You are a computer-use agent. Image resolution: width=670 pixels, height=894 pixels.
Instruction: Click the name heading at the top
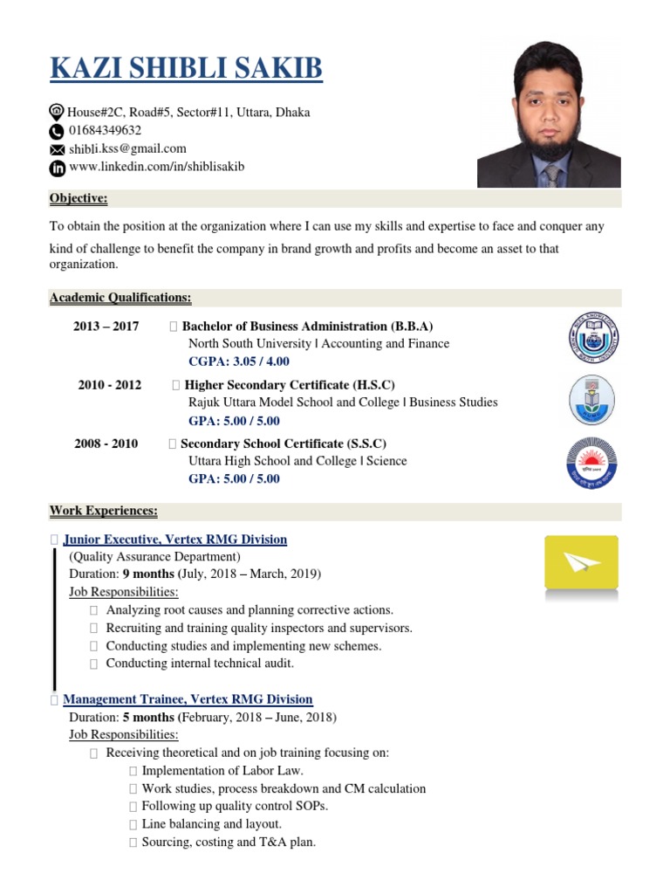coord(186,68)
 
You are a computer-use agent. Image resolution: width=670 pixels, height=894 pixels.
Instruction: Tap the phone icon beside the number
coord(57,131)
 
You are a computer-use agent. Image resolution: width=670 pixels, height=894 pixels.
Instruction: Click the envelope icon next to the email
coord(57,149)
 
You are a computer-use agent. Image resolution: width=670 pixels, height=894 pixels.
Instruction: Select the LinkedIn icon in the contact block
coord(57,167)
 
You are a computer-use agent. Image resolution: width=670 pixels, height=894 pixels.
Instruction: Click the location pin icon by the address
coord(57,113)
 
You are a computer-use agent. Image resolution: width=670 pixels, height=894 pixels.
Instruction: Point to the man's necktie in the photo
coord(551,175)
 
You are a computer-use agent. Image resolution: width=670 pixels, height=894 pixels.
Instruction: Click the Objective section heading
coord(79,199)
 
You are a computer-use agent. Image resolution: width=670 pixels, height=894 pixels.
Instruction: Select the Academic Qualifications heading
coord(120,299)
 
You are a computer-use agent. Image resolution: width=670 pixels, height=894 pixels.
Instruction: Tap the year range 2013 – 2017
coord(106,327)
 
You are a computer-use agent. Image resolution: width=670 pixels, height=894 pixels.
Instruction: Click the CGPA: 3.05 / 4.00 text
coord(239,361)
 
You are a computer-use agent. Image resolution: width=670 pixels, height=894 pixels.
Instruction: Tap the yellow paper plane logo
coord(581,562)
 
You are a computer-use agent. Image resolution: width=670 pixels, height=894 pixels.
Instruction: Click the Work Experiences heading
coord(104,511)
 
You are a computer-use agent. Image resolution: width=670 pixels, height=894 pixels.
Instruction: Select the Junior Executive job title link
coord(175,540)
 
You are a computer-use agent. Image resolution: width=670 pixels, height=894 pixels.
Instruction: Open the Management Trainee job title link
coord(188,699)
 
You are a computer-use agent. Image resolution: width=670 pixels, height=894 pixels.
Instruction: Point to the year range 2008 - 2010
coord(106,444)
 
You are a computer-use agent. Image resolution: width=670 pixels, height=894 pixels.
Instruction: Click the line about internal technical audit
coord(200,664)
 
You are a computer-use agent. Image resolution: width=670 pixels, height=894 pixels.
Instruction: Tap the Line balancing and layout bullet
coord(211,824)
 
